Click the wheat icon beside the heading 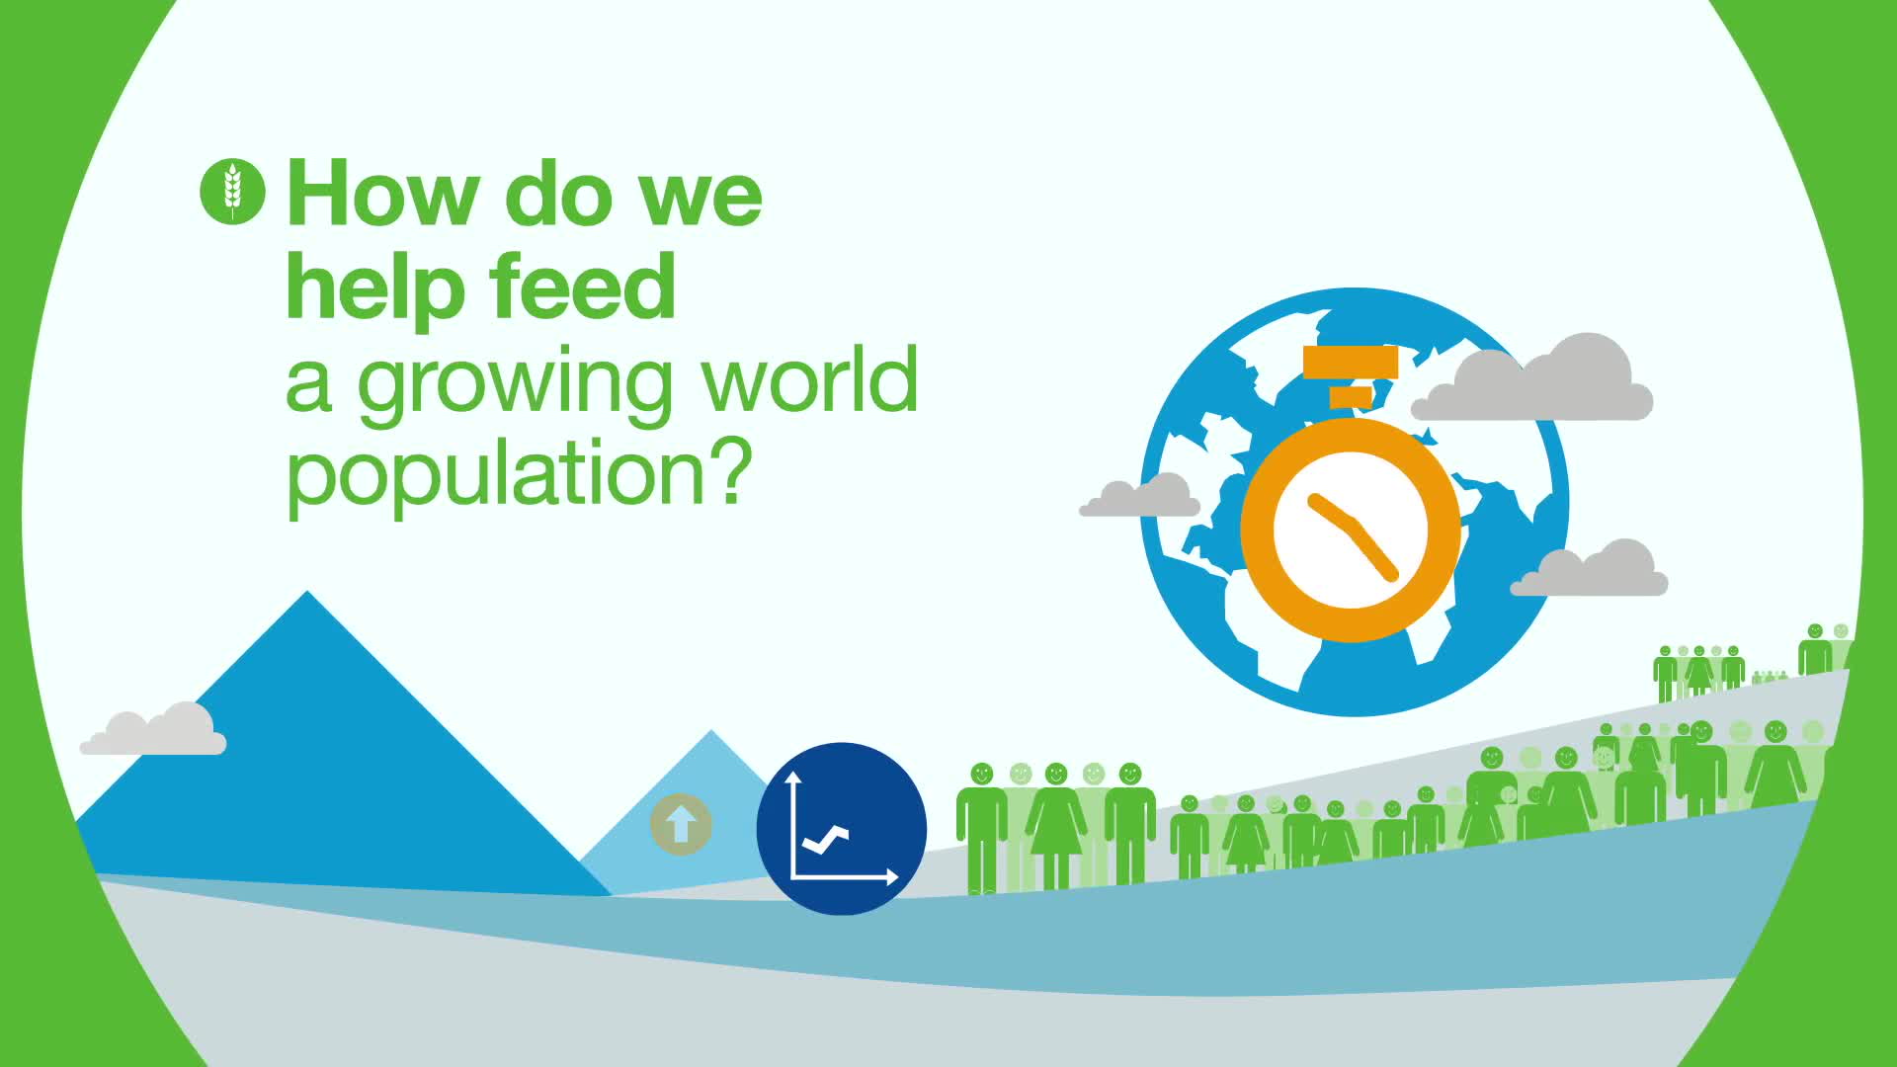pyautogui.click(x=232, y=190)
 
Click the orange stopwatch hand pyautogui.click(x=1352, y=533)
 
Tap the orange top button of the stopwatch pyautogui.click(x=1351, y=363)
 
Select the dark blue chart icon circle pyautogui.click(x=842, y=829)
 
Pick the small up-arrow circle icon pyautogui.click(x=681, y=824)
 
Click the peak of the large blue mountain pyautogui.click(x=307, y=592)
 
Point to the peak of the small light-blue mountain pyautogui.click(x=711, y=731)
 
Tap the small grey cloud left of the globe pyautogui.click(x=1139, y=495)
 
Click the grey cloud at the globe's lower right pyautogui.click(x=1589, y=569)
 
